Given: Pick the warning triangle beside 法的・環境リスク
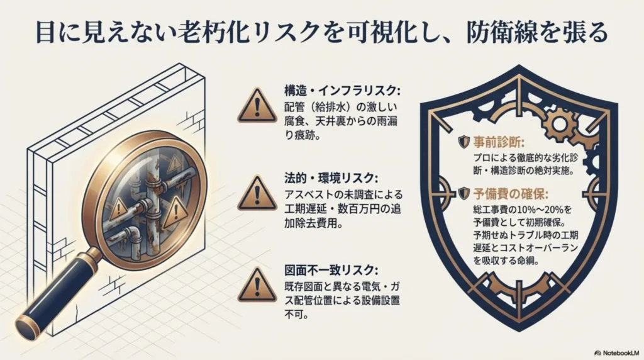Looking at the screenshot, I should click(x=255, y=193).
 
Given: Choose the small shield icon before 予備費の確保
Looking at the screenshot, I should click(x=464, y=194).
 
